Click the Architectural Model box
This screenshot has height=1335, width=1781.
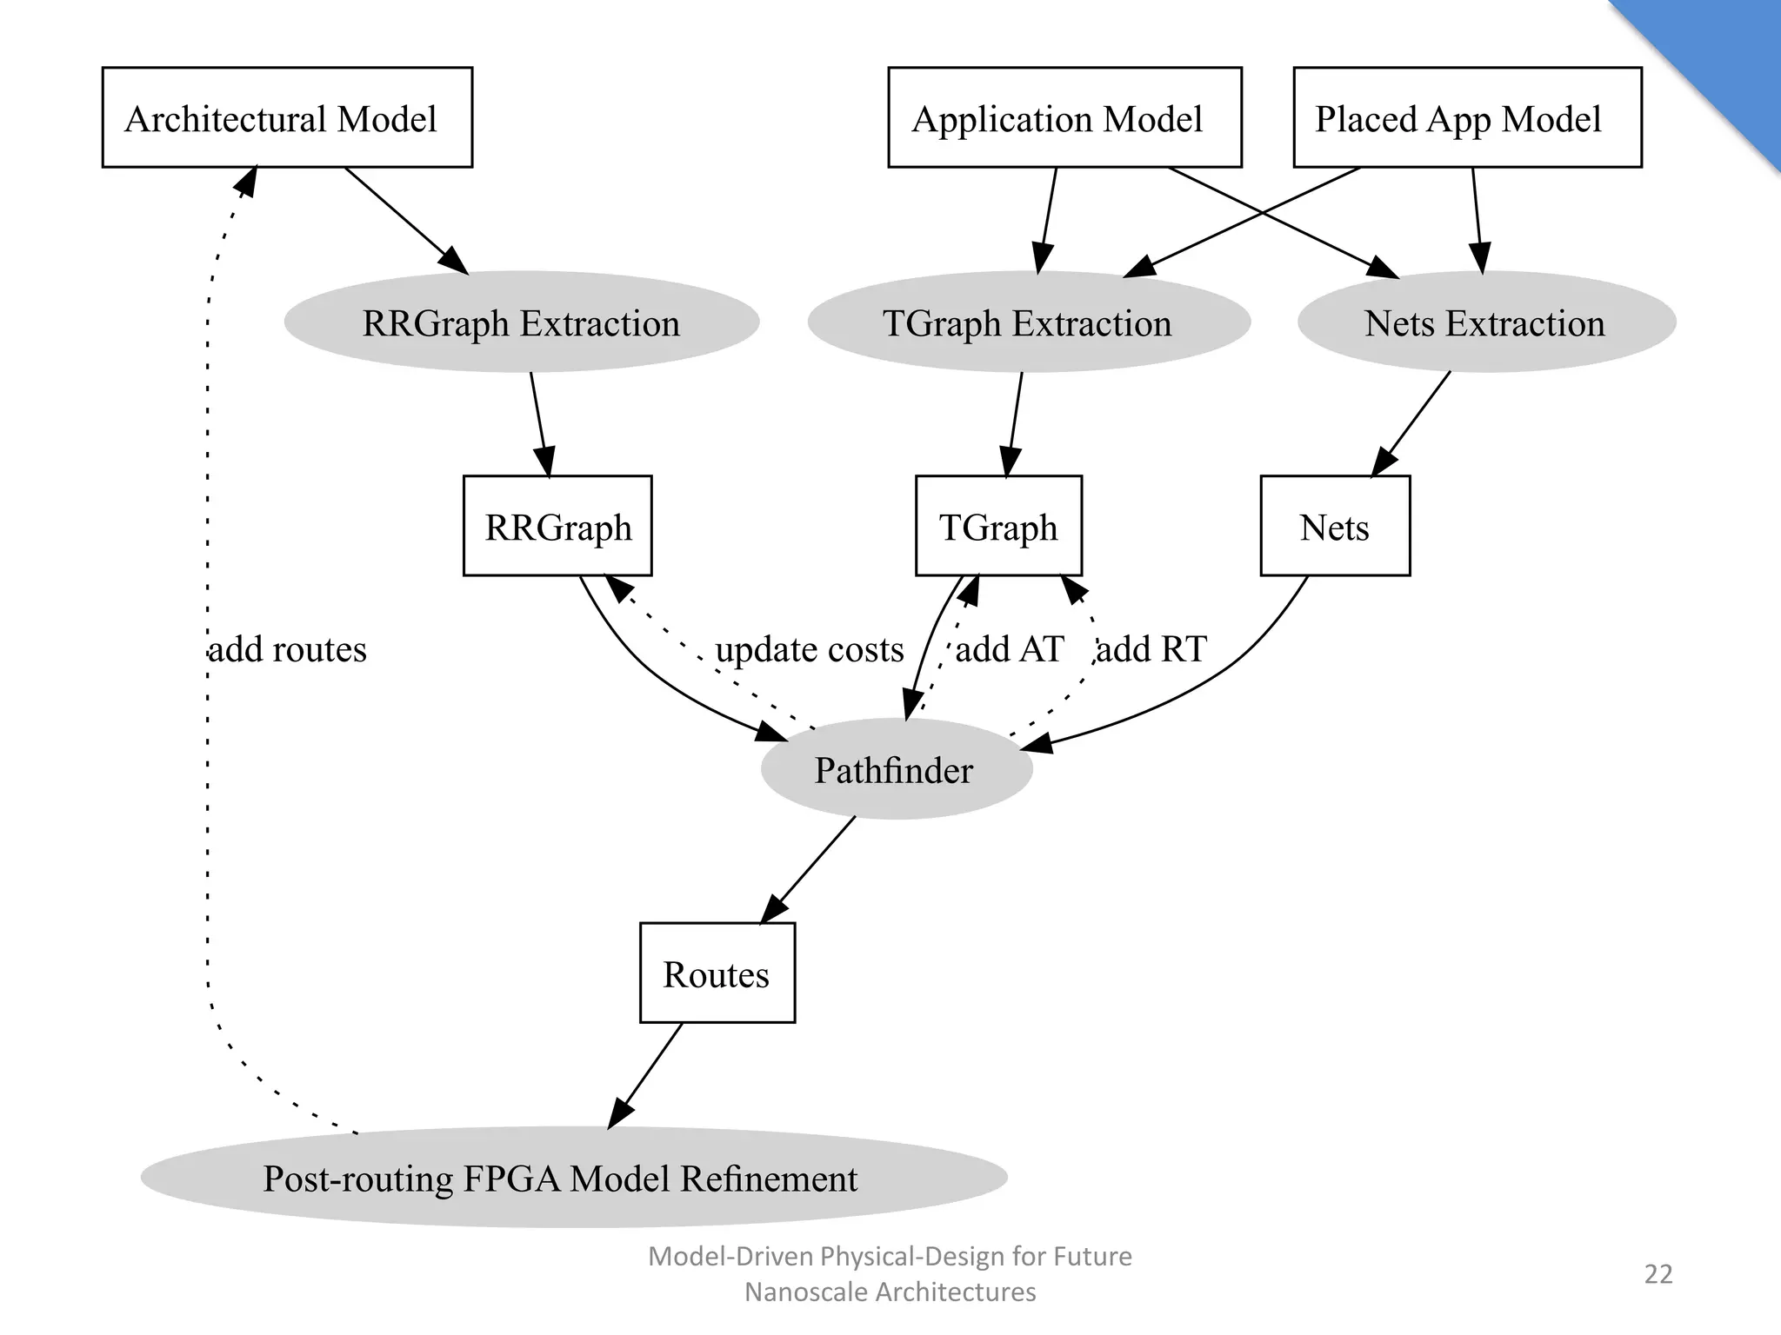(287, 117)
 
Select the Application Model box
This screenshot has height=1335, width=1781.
(1064, 117)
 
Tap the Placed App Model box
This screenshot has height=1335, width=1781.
(1467, 117)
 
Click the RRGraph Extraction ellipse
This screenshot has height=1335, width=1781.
(522, 322)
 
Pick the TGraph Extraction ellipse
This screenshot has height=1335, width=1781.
(1029, 322)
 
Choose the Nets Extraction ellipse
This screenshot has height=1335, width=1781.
(1486, 322)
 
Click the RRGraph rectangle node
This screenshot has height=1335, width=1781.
(557, 526)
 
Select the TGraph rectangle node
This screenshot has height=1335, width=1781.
(998, 526)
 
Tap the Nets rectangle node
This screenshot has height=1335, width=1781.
(1335, 526)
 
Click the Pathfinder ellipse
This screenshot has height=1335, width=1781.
(896, 769)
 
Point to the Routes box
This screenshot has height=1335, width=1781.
(717, 973)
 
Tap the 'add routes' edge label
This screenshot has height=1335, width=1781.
(289, 649)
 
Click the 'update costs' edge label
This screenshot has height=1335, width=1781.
(810, 649)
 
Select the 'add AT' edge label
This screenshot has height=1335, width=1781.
(1010, 649)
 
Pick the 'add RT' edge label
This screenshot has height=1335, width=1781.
(1151, 649)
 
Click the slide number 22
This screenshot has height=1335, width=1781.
(1658, 1274)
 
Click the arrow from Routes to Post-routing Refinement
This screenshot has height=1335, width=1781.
(646, 1075)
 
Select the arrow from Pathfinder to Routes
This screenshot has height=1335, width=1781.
(809, 869)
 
